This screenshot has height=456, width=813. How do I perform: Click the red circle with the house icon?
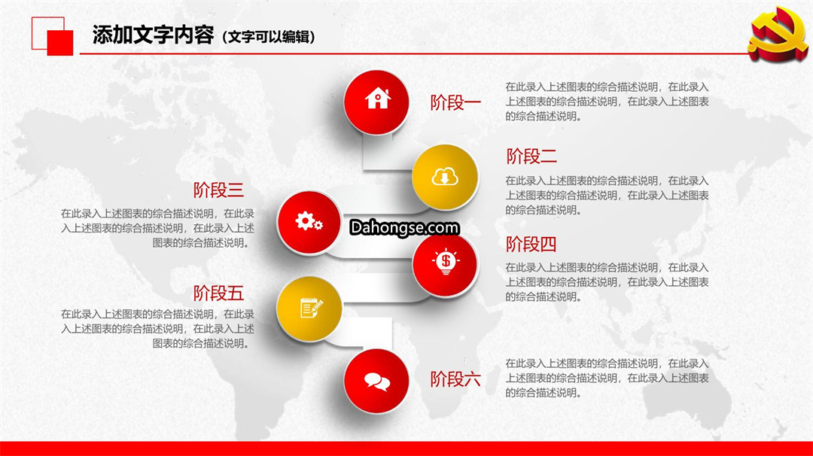(376, 102)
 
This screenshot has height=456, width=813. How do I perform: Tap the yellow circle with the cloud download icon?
(444, 178)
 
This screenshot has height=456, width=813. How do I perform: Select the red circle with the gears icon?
(309, 222)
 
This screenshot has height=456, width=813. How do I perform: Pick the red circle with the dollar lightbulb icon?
(444, 264)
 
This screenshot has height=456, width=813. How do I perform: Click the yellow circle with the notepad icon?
(309, 309)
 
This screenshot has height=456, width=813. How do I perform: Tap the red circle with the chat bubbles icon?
(376, 381)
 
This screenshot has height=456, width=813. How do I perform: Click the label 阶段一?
(455, 102)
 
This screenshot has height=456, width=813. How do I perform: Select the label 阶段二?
(531, 156)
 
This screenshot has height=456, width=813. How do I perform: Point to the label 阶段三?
(218, 190)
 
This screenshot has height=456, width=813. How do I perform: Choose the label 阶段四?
(531, 244)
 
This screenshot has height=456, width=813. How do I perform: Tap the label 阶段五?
(218, 293)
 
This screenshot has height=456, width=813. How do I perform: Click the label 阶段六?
(455, 379)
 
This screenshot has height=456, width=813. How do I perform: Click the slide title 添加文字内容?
(153, 35)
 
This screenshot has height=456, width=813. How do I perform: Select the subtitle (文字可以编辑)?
(269, 37)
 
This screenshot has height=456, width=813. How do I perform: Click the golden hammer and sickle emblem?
(778, 34)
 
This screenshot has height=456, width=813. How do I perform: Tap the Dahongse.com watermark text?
(404, 227)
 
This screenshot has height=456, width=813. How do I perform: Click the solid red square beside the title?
(60, 42)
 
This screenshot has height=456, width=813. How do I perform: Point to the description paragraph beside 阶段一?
(607, 102)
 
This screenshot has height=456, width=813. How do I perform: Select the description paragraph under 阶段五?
(157, 329)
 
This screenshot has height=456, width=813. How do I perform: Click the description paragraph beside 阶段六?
(607, 378)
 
